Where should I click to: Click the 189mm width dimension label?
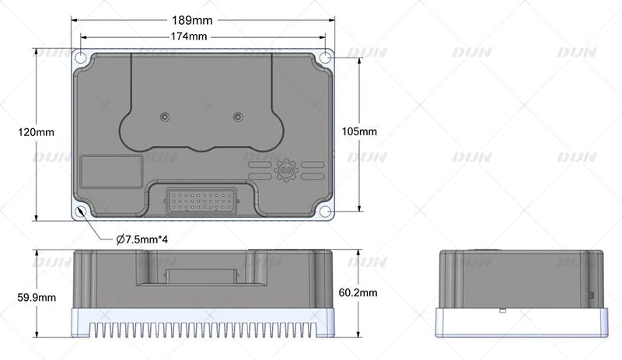pos(192,20)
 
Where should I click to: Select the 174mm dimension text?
pos(189,37)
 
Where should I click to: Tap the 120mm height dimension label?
pos(36,132)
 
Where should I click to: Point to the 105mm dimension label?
pos(359,131)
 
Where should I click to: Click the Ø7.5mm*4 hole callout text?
pos(142,239)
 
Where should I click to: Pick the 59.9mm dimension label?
pos(37,297)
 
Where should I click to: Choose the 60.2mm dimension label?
pos(358,293)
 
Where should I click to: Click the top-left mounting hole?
pos(80,58)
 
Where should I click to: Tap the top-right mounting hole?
pos(325,58)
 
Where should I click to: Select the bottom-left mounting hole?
pos(80,211)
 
